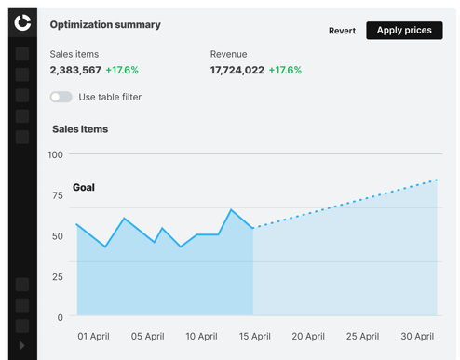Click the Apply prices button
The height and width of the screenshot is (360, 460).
404,31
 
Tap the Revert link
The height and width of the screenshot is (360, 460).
342,31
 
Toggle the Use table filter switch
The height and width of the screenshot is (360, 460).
61,97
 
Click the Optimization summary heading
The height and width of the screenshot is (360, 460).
105,25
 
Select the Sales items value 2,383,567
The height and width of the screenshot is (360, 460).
75,70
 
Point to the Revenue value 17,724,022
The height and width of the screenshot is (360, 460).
237,70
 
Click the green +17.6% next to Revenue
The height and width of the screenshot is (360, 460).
285,70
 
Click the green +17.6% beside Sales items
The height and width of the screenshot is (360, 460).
122,70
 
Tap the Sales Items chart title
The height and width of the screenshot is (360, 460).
80,129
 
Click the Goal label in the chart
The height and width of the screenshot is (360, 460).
84,187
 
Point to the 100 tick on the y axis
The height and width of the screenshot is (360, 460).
55,154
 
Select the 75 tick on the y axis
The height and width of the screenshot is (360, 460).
58,195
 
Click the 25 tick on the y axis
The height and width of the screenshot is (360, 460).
58,277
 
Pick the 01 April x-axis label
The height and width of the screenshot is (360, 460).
93,336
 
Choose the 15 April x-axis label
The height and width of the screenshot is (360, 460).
255,336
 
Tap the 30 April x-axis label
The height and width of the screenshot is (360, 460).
417,336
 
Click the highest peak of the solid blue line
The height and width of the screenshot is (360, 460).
231,210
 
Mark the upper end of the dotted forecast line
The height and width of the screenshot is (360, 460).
437,180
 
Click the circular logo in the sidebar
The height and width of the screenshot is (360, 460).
22,22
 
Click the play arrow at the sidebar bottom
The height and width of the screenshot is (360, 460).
21,345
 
